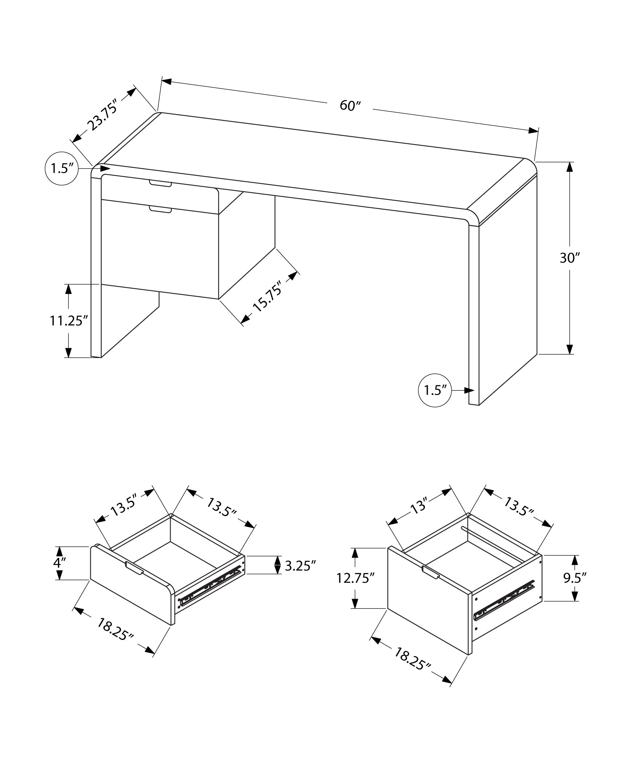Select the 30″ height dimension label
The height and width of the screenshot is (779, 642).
click(x=570, y=258)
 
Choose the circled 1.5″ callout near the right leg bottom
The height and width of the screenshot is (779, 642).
click(x=435, y=390)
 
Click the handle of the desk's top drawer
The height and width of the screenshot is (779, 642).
click(x=160, y=183)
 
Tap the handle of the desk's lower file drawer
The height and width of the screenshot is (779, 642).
click(x=160, y=210)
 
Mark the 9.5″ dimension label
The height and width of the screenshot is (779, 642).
click(x=575, y=578)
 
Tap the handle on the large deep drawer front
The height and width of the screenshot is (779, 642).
click(x=431, y=572)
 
